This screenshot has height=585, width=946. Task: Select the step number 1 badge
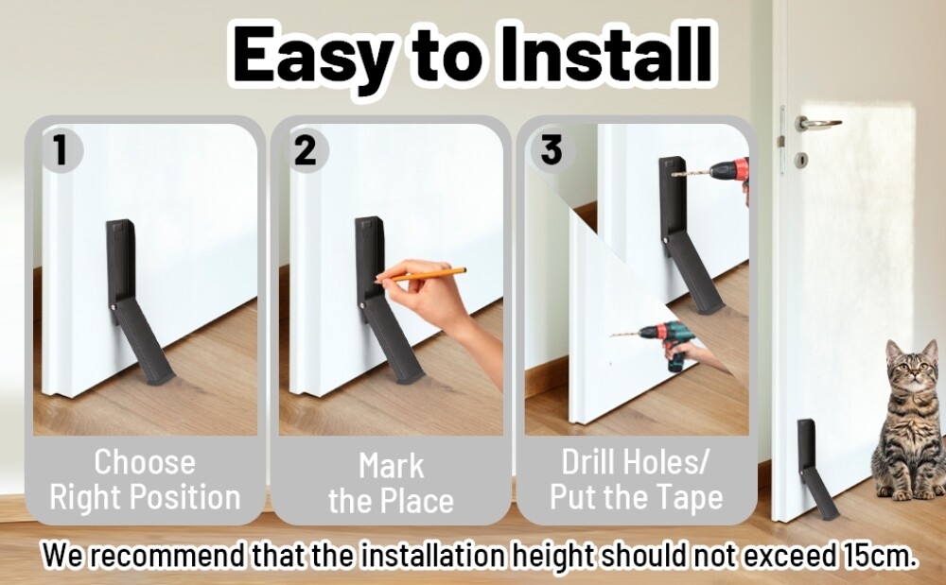pos(61,149)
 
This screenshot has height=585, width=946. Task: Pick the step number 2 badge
pos(306,149)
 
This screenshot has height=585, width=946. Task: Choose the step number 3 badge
pos(551,149)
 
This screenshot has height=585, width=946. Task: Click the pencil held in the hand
pos(420,275)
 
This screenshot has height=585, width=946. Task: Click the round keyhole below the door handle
pos(802,161)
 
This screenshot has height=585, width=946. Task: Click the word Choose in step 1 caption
pos(145,463)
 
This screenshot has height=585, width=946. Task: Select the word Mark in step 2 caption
pos(392,466)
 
